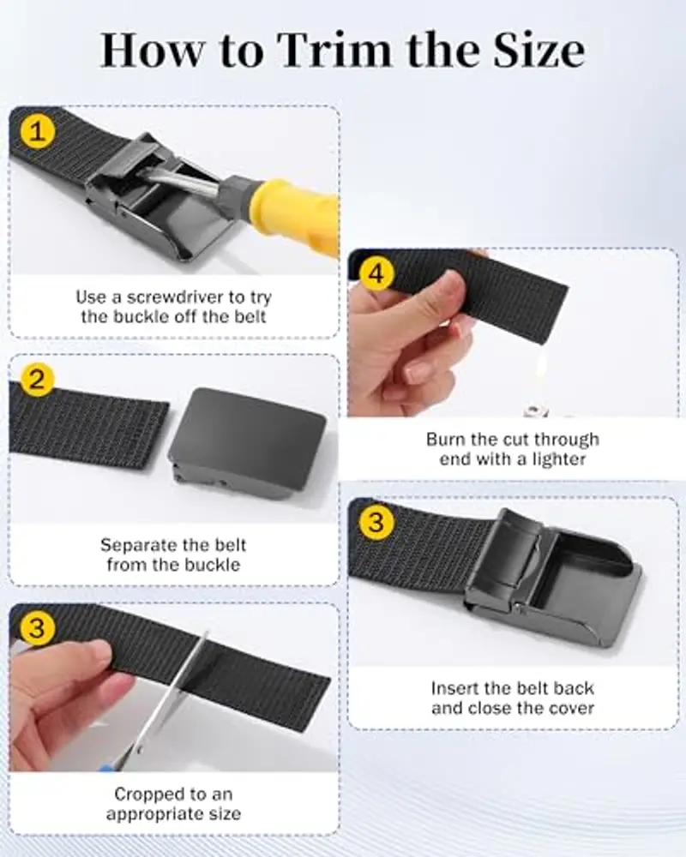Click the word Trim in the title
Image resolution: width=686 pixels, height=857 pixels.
point(337,51)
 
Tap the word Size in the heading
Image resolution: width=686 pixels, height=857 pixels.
point(539,51)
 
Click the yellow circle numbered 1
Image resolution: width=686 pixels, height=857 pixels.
point(37,132)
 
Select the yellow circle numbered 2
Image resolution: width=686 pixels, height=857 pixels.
point(37,379)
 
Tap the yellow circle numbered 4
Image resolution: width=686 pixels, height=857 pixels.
point(376,273)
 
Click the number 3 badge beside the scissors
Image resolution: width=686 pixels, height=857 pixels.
point(37,627)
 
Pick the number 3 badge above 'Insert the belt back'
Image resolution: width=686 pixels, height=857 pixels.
point(376,521)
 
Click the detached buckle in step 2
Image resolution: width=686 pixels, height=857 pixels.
point(249,443)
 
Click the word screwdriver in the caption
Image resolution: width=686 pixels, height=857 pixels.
point(176,297)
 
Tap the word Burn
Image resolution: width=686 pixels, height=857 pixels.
point(446,440)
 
